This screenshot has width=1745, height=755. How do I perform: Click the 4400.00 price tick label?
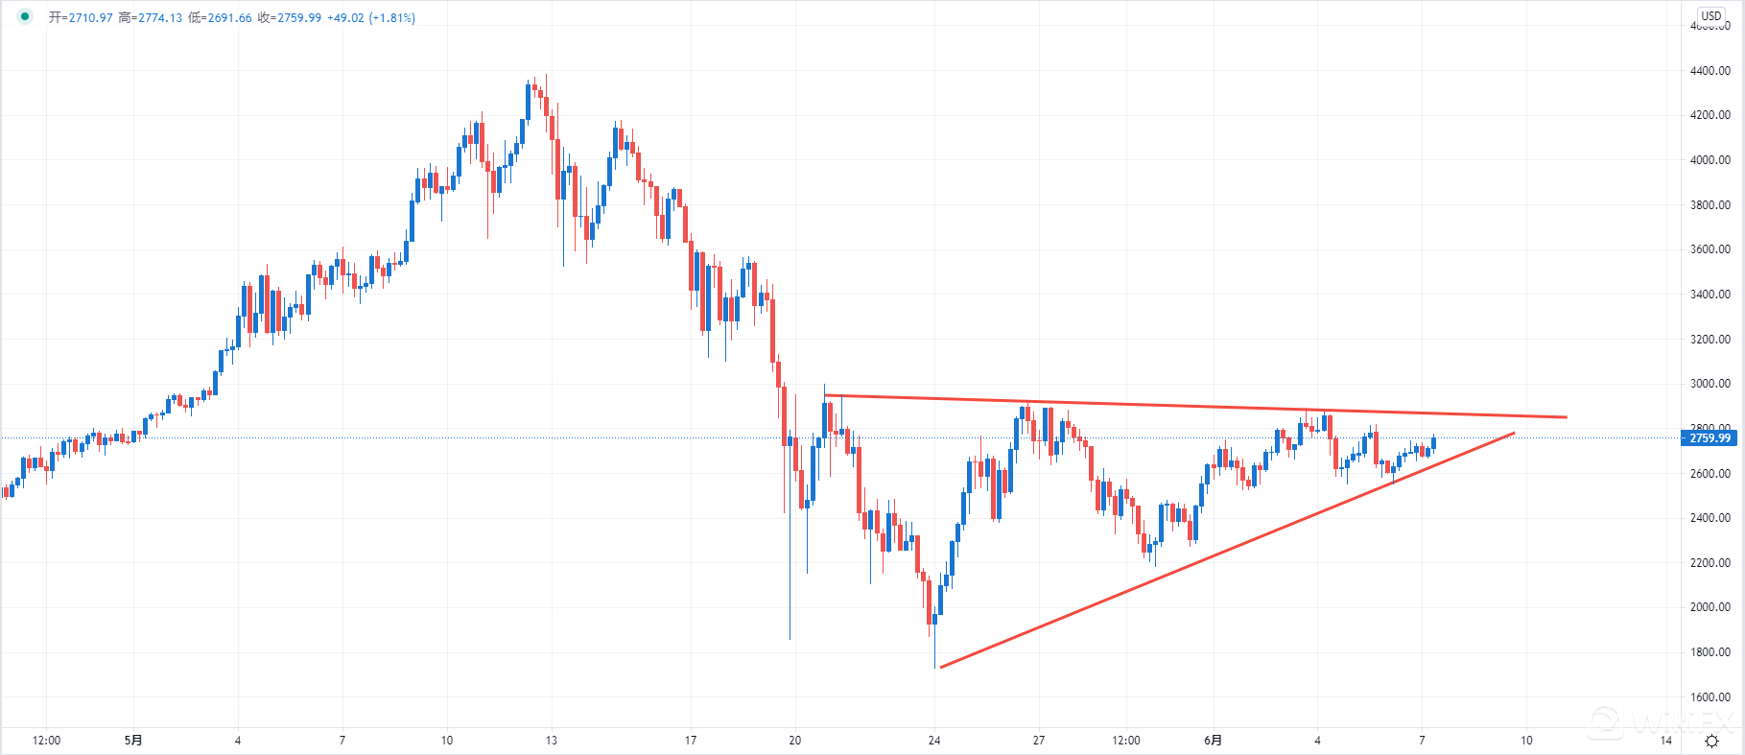coord(1710,71)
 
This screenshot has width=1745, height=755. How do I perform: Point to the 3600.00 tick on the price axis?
coord(1710,249)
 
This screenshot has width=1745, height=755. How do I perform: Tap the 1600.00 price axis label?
coord(1710,697)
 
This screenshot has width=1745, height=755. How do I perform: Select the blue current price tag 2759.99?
coord(1710,438)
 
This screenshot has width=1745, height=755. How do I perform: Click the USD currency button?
coord(1711,16)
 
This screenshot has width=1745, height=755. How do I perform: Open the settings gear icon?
coord(1711,741)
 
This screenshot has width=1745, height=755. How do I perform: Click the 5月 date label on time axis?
coord(133,741)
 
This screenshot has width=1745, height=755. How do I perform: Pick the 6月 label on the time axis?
coord(1213,741)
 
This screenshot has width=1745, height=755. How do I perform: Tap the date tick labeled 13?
coord(551,741)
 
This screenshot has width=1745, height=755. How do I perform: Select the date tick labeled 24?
coord(934,741)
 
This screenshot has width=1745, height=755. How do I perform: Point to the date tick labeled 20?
coord(794,741)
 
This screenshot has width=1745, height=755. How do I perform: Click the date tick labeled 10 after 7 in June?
coord(1526,741)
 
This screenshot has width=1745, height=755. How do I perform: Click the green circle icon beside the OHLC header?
coord(25,16)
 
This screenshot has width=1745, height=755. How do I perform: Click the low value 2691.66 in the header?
coord(229,18)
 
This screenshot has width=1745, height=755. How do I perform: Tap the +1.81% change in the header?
coord(391,18)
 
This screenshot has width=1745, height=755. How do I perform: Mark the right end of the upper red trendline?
coord(1566,417)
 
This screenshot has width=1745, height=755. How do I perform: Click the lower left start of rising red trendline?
coord(941,667)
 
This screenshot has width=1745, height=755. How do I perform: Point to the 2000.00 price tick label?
coord(1710,607)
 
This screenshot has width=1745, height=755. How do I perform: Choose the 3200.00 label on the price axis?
coord(1710,340)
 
